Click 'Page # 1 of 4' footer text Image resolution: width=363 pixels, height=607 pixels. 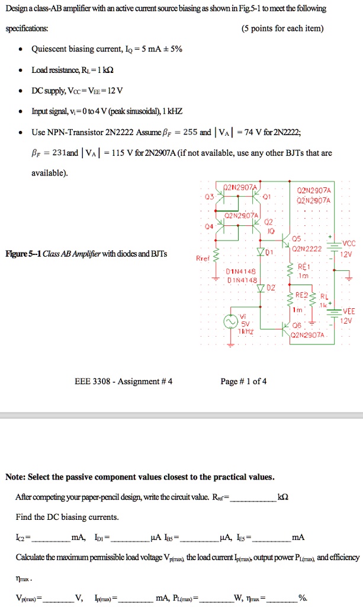pyautogui.click(x=243, y=381)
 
